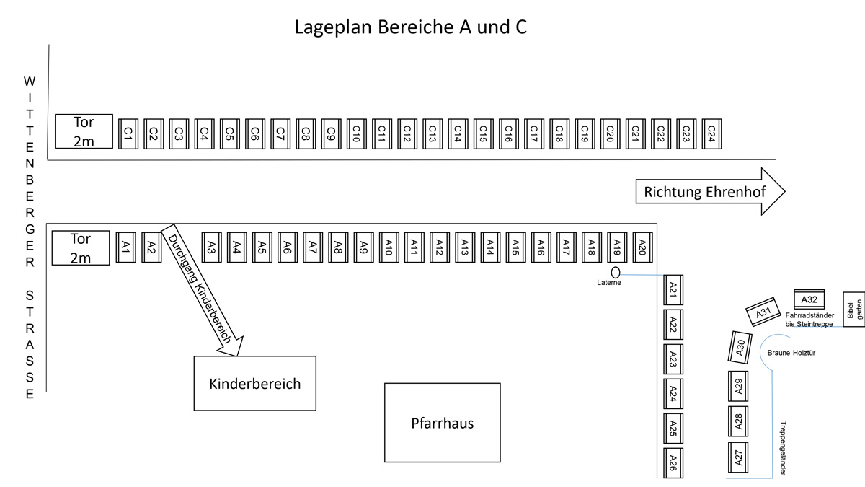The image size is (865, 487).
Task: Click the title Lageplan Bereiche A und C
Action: point(410,27)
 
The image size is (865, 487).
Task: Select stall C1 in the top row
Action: point(128,133)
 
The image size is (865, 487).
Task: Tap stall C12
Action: point(407,133)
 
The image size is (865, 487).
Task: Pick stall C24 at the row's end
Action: point(711,133)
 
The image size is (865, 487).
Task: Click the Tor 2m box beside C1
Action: point(84,131)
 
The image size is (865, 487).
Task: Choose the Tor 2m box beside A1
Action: point(81,248)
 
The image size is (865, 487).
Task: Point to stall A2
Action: point(151,247)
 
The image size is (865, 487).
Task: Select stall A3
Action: point(212,247)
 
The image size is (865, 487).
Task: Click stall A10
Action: point(389,247)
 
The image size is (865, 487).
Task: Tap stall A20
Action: point(642,247)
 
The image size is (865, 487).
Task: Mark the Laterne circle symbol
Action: point(616,273)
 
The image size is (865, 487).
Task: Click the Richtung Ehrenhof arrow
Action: point(711,191)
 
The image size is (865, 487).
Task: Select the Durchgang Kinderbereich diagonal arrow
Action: point(202,290)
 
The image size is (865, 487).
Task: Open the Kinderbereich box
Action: point(255,383)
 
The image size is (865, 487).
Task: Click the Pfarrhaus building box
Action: point(443,423)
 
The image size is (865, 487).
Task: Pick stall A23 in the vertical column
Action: point(673,359)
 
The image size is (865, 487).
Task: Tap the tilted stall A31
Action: point(763,312)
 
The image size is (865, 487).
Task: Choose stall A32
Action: point(809,299)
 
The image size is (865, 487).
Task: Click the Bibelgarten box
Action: point(853,310)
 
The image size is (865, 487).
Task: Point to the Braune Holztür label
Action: point(791,353)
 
